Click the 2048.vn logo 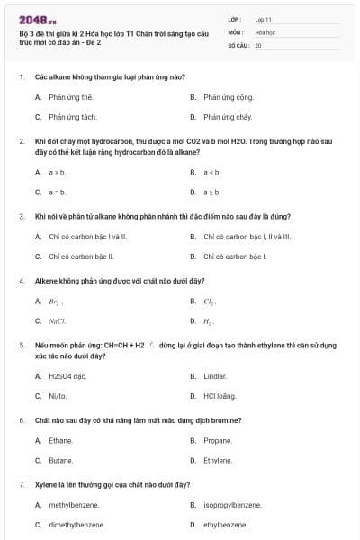37,19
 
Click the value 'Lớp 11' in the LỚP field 263,18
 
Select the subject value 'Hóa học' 265,31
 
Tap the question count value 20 258,44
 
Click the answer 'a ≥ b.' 211,192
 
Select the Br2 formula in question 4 56,301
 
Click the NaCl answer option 58,321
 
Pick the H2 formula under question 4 209,321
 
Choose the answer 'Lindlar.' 215,375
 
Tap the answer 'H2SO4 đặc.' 67,375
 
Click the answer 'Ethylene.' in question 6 217,460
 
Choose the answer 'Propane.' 217,440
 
